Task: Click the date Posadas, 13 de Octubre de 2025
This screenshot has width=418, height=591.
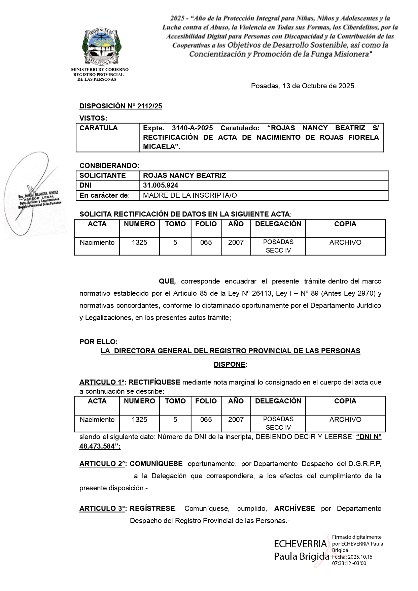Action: pyautogui.click(x=303, y=86)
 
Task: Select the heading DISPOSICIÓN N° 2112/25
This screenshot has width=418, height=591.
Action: pyautogui.click(x=120, y=106)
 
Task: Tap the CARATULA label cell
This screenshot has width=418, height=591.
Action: pyautogui.click(x=99, y=128)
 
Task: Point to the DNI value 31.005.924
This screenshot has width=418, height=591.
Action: pyautogui.click(x=161, y=185)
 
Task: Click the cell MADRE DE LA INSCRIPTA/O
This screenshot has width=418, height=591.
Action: pyautogui.click(x=190, y=195)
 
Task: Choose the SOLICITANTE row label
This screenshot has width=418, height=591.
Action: pyautogui.click(x=102, y=175)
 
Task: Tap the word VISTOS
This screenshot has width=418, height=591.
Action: pyautogui.click(x=93, y=118)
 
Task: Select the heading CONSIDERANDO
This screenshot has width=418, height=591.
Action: pyautogui.click(x=109, y=166)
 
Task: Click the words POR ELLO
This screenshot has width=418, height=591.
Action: pyautogui.click(x=98, y=342)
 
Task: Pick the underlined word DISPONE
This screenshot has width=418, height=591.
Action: pyautogui.click(x=230, y=364)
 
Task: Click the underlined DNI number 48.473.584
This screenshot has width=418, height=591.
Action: pyautogui.click(x=100, y=446)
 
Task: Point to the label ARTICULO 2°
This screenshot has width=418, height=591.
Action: pyautogui.click(x=102, y=464)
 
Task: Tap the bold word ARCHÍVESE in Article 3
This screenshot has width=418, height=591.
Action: pyautogui.click(x=294, y=508)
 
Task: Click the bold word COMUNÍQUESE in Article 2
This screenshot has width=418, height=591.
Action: pyautogui.click(x=156, y=464)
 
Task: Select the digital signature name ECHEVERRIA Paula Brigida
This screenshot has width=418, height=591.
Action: pyautogui.click(x=301, y=550)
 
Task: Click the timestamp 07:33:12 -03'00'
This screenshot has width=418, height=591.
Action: pyautogui.click(x=350, y=563)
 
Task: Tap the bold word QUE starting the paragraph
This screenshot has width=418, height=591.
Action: pyautogui.click(x=167, y=281)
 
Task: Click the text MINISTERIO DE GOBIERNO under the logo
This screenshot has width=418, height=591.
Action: pyautogui.click(x=100, y=70)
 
